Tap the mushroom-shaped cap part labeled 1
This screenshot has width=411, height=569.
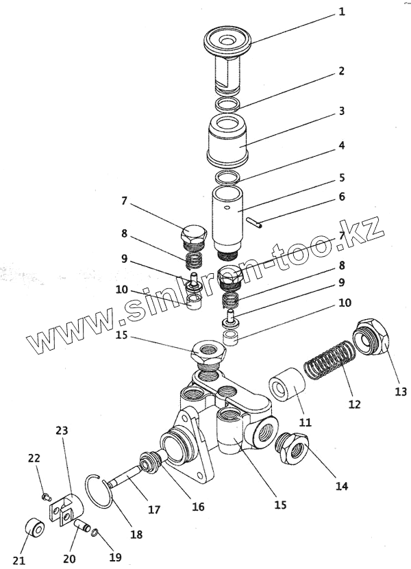pyautogui.click(x=227, y=42)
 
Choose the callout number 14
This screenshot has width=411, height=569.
pyautogui.click(x=341, y=487)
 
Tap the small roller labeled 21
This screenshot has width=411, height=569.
pyautogui.click(x=33, y=530)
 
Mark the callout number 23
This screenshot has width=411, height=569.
pyautogui.click(x=62, y=431)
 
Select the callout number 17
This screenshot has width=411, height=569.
pyautogui.click(x=154, y=509)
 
